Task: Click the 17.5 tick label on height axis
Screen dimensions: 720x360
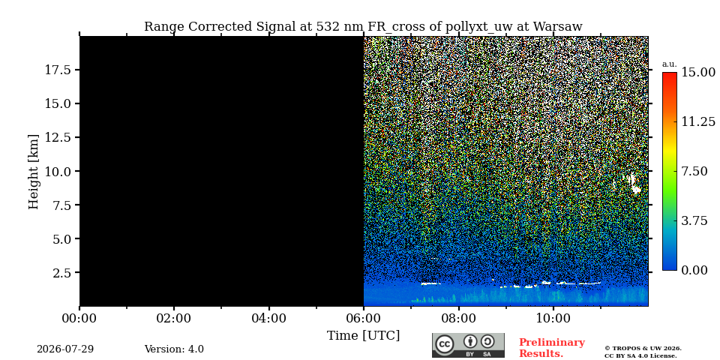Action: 58,70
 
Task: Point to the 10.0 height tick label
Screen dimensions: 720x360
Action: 58,171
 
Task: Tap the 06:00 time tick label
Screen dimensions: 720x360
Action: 364,318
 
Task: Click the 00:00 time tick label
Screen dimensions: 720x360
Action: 80,318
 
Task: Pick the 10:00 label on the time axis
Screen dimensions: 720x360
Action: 553,318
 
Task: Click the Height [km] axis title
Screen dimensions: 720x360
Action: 34,172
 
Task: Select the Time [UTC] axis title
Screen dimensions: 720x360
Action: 363,336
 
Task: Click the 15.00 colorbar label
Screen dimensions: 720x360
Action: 698,72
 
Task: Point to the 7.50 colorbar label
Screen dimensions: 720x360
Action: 694,171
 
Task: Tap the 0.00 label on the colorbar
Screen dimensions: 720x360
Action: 694,271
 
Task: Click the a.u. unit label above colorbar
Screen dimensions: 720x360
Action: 669,64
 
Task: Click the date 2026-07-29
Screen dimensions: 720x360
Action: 65,349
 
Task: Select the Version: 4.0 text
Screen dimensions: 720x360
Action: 174,349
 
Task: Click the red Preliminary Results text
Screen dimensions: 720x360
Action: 552,348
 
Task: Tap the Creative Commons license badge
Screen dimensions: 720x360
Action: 468,345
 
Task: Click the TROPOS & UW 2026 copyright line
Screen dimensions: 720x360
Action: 643,349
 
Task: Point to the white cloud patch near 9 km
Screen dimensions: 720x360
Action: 634,184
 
